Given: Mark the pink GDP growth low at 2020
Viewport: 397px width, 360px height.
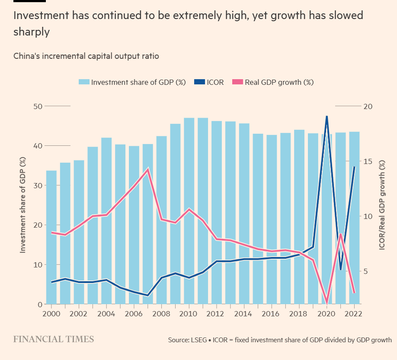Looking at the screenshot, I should (327, 303).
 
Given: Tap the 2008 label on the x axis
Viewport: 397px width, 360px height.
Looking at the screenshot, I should (161, 313).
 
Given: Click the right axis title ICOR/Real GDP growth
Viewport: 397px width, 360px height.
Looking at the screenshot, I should (382, 205).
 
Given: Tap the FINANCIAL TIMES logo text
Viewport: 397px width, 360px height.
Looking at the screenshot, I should (53, 339).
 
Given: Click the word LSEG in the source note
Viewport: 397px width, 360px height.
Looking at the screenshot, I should (196, 340).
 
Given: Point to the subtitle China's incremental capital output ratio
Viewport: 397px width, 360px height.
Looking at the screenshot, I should (86, 56).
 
